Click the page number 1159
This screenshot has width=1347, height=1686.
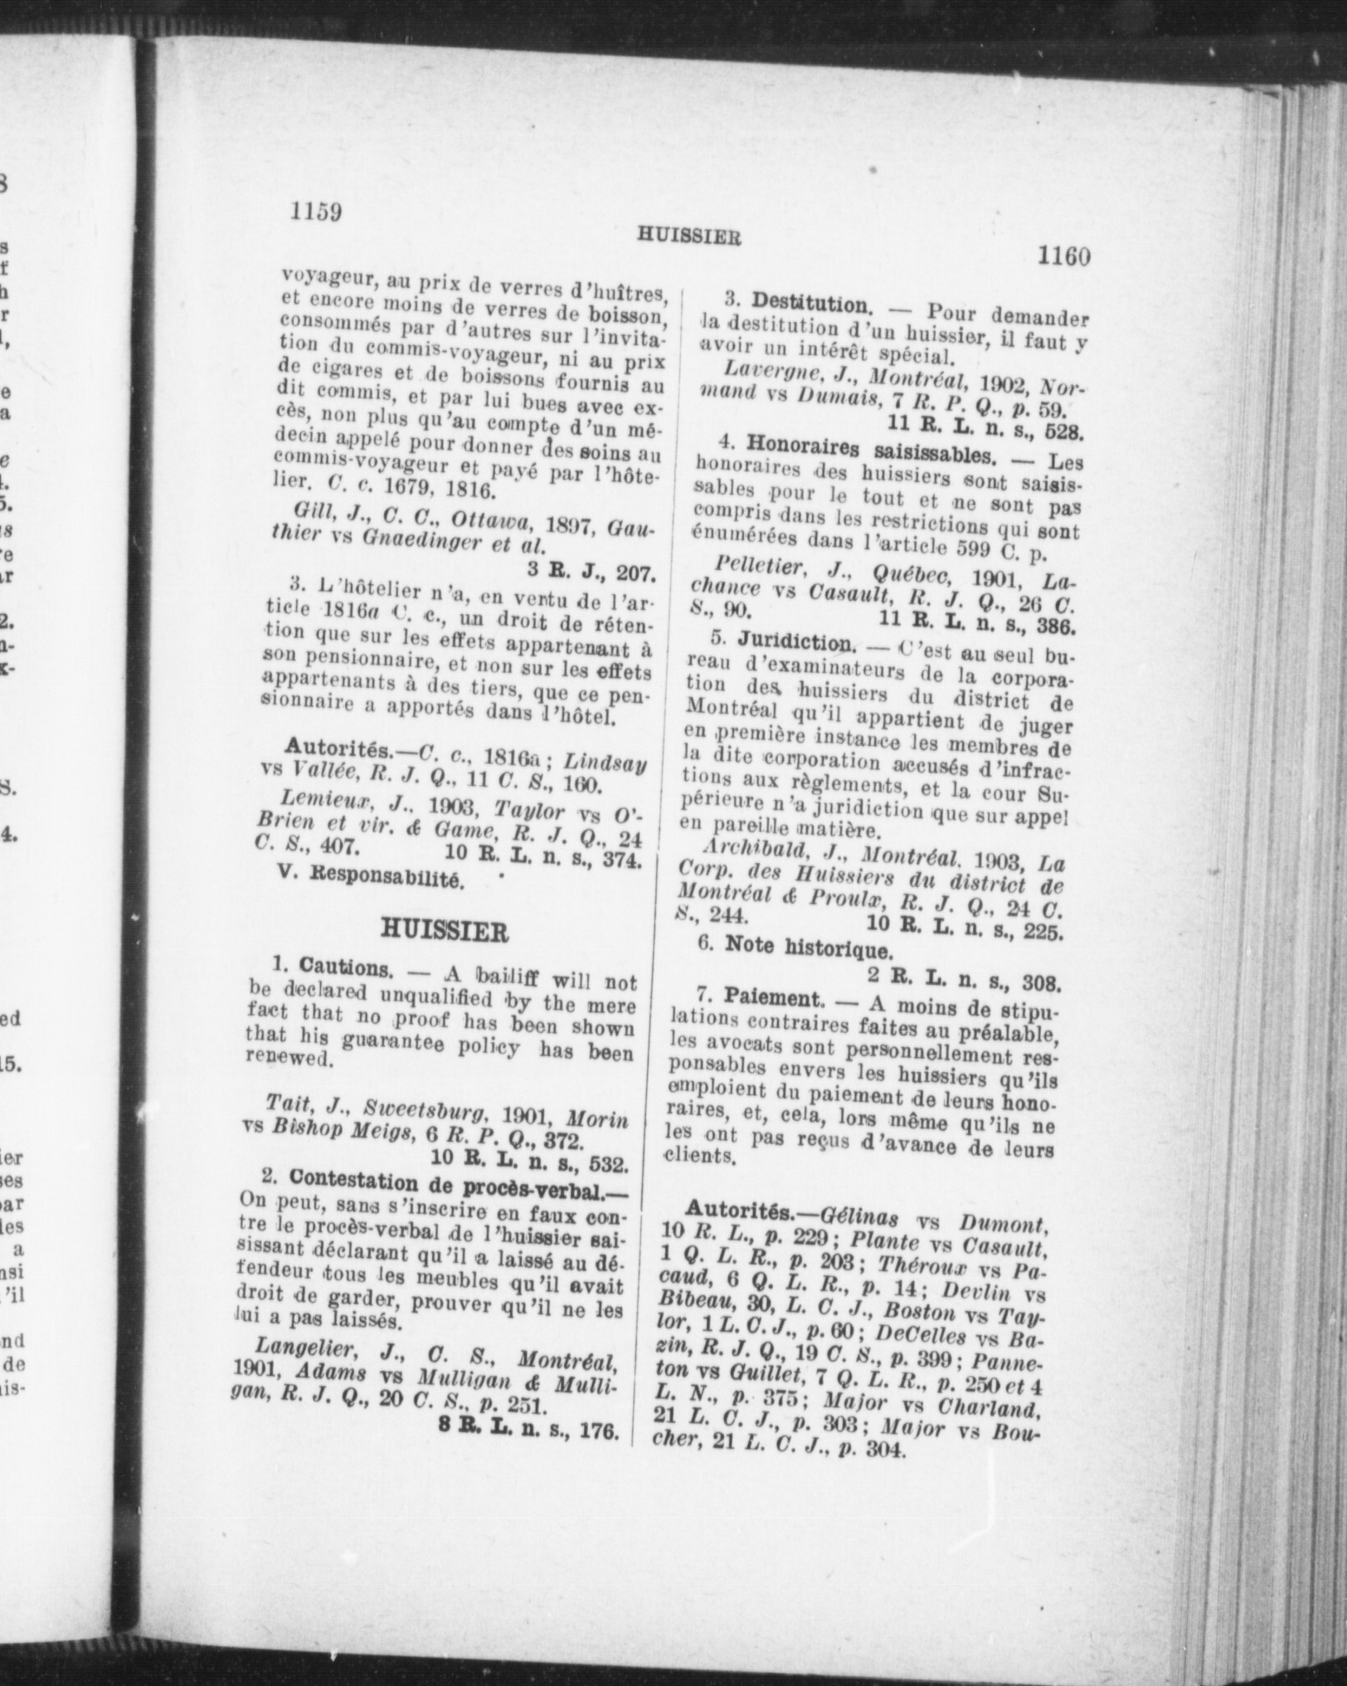pyautogui.click(x=316, y=212)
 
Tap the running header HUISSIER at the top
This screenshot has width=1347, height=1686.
pyautogui.click(x=688, y=236)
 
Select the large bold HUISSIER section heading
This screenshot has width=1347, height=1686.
pyautogui.click(x=443, y=931)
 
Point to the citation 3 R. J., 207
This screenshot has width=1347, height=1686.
pyautogui.click(x=591, y=572)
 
